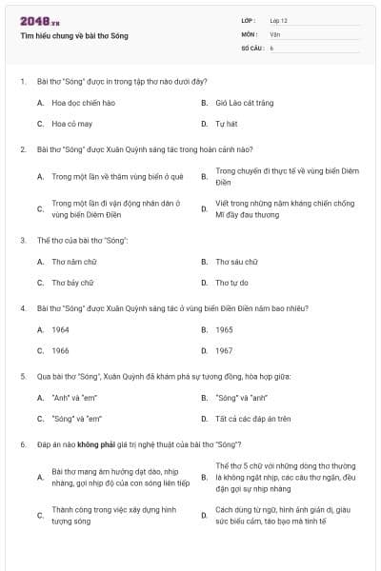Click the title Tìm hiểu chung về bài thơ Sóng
(73, 36)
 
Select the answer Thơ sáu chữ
(236, 261)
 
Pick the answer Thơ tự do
(231, 283)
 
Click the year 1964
(60, 329)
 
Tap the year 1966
(60, 350)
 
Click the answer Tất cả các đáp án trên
(252, 419)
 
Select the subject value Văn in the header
(274, 34)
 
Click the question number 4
(22, 308)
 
